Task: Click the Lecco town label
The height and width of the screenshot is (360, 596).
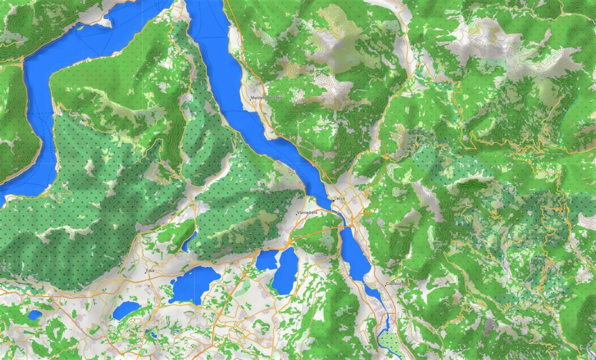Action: [x=340, y=199]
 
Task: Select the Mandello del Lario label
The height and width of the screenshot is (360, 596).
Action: [x=268, y=98]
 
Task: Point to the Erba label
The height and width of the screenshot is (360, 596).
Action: [x=150, y=271]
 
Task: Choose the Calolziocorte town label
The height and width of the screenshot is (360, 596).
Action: [x=398, y=284]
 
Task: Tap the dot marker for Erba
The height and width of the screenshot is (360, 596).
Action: [x=145, y=271]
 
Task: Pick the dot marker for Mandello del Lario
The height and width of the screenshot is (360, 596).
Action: [x=251, y=98]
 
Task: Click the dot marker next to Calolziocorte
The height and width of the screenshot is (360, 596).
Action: [x=385, y=284]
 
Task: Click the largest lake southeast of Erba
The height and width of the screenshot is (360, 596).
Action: [x=195, y=284]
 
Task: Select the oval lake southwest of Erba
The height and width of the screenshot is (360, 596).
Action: [x=126, y=310]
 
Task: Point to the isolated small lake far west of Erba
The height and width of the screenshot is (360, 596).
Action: [x=34, y=315]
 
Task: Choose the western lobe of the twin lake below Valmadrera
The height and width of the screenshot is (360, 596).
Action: [x=267, y=260]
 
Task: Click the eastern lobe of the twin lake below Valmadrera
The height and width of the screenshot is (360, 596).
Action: [x=285, y=270]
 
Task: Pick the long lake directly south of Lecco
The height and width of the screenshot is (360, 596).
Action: [x=355, y=253]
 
